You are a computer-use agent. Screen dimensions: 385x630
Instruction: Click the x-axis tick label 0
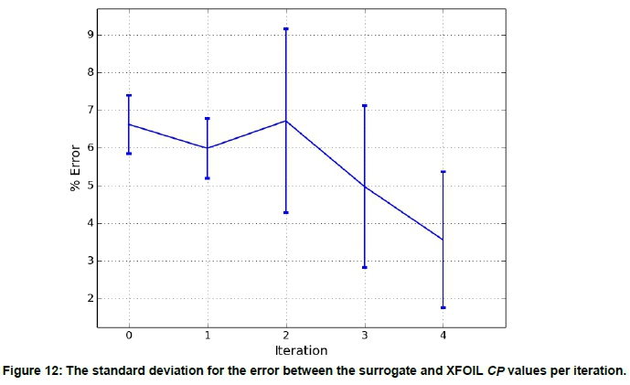(129, 337)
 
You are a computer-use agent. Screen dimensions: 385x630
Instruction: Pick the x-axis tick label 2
(286, 337)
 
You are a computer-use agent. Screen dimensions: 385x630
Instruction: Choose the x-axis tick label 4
(443, 337)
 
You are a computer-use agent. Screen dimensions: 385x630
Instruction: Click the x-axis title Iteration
(301, 350)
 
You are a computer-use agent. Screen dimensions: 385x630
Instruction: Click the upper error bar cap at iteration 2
(286, 29)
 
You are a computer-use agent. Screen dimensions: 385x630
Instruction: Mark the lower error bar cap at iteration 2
(286, 212)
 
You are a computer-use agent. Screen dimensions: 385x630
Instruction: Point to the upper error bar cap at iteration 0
(129, 95)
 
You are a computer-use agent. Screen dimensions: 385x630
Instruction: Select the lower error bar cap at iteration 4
(443, 307)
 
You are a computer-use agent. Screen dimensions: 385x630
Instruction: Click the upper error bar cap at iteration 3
(365, 106)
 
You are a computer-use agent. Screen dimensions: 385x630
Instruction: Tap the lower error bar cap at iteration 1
(208, 177)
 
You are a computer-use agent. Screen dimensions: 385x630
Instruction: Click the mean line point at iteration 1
(208, 148)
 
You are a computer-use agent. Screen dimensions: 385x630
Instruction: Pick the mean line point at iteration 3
(365, 187)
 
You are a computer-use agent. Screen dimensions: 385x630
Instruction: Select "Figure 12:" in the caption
(31, 371)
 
